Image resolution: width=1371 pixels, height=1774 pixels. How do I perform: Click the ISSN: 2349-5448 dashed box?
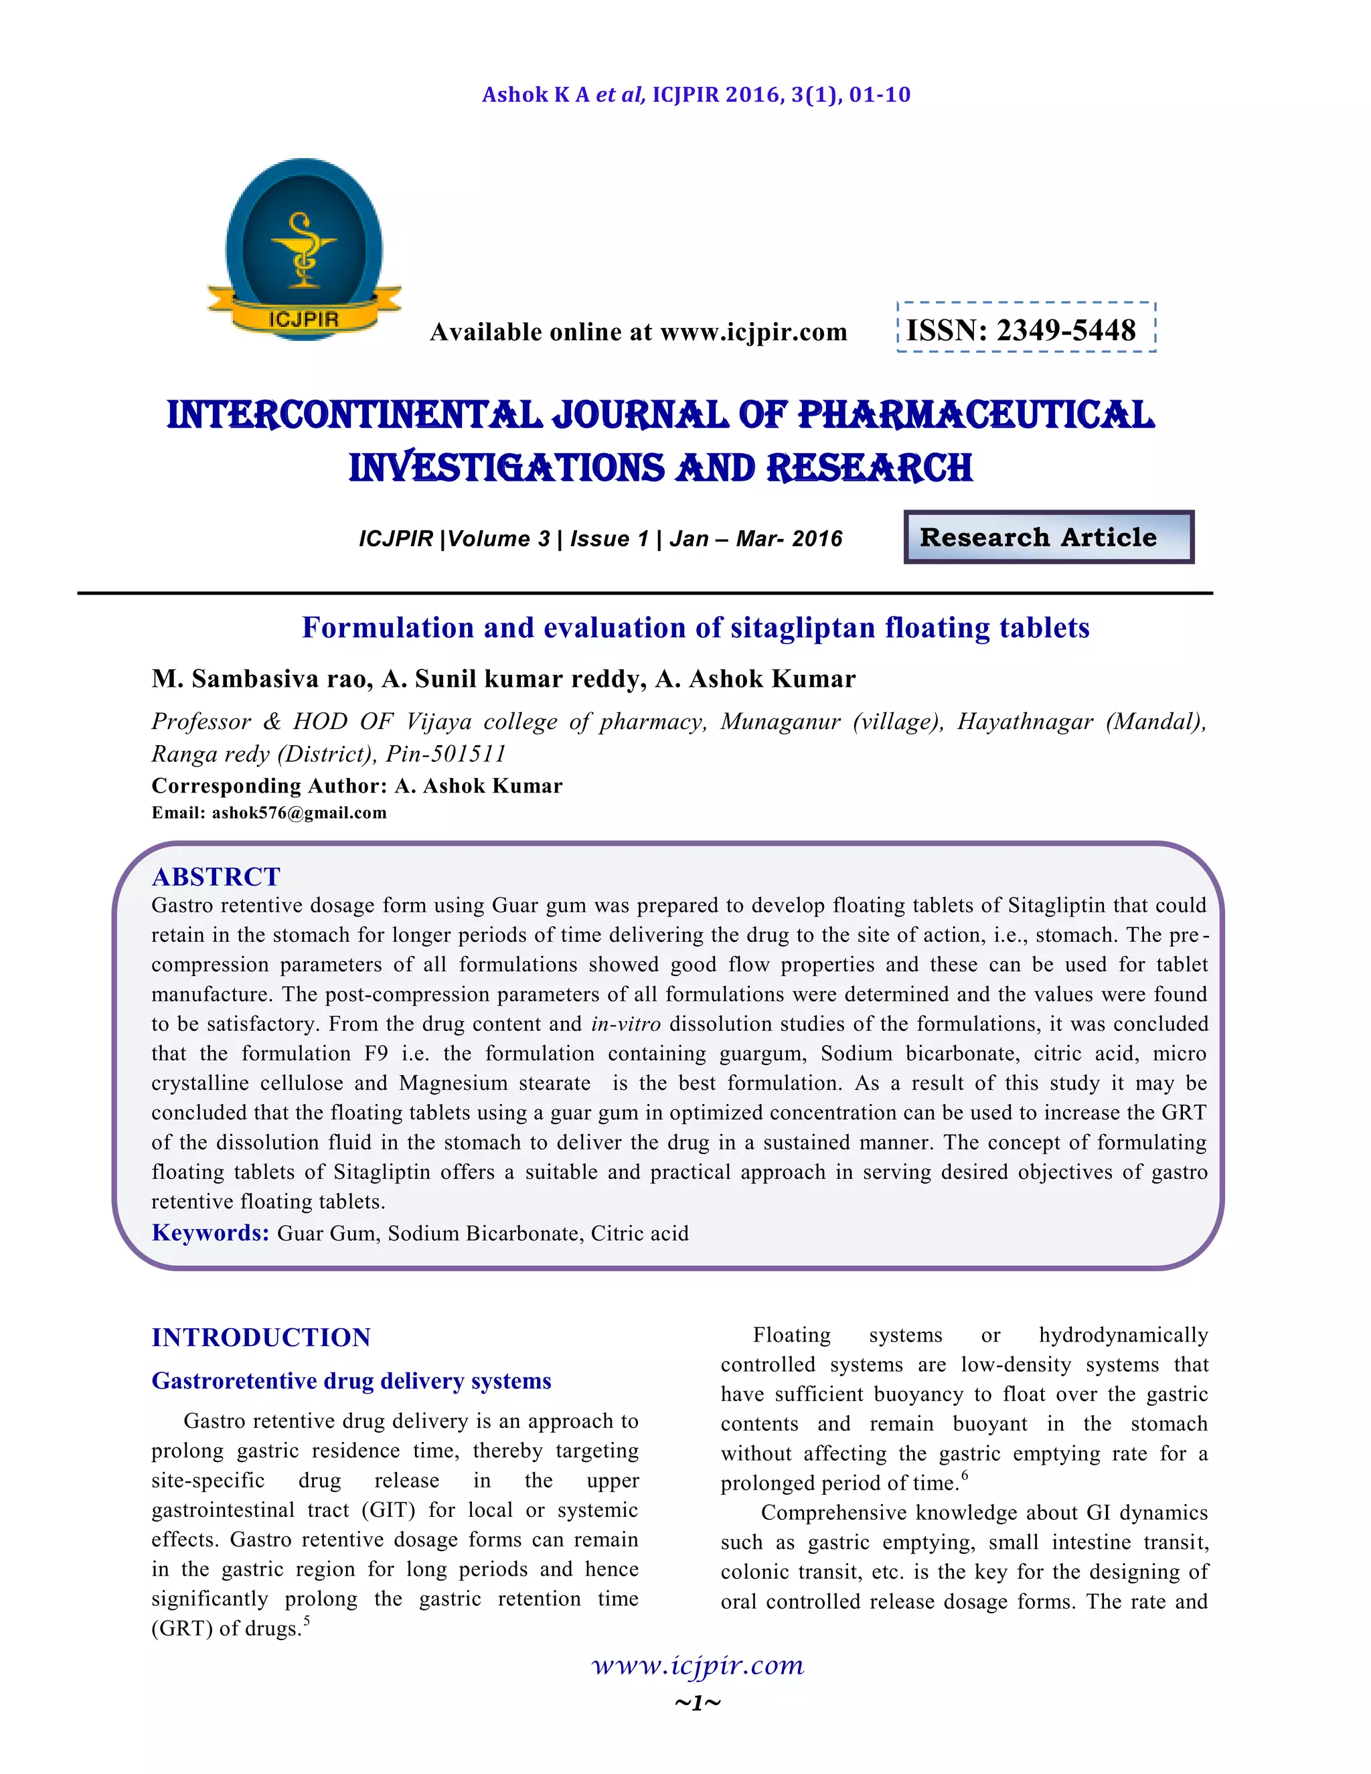[x=1025, y=328]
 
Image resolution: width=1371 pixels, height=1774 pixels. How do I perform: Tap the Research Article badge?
[x=1048, y=537]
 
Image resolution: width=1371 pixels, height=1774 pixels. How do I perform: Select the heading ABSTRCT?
[x=216, y=876]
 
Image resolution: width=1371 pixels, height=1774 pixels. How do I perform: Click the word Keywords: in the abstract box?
[x=210, y=1232]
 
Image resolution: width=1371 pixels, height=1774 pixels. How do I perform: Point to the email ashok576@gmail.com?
[x=299, y=813]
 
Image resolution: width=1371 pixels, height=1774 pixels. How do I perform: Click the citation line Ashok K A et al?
[x=696, y=95]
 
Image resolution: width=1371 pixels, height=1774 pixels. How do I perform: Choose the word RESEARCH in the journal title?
[x=869, y=469]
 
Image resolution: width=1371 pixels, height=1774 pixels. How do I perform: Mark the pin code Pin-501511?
[x=446, y=754]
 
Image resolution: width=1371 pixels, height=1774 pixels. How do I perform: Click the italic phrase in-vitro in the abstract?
[x=625, y=1024]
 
